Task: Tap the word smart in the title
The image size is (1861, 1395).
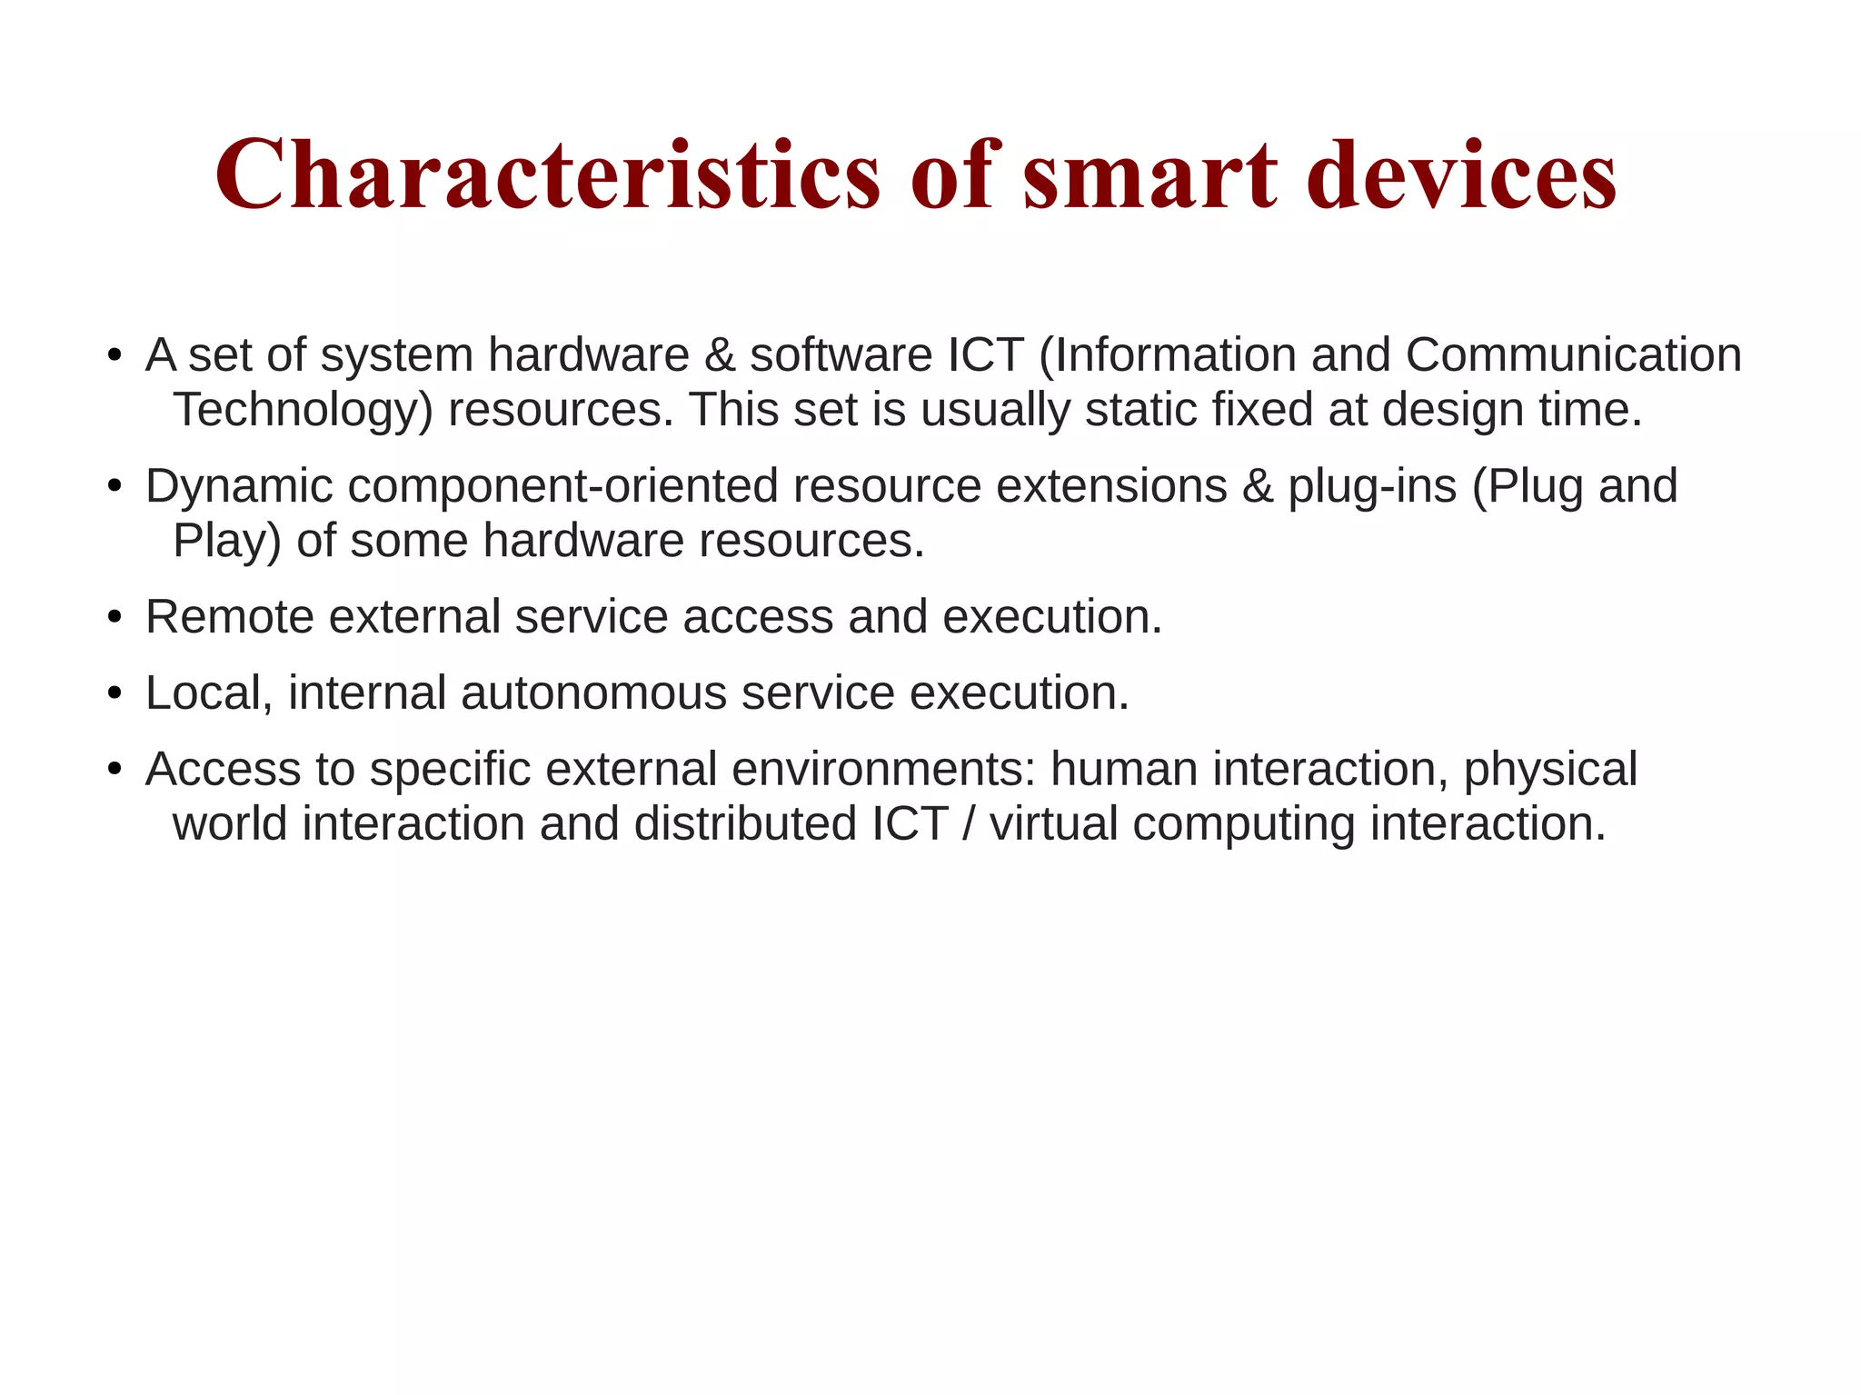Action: coord(1150,174)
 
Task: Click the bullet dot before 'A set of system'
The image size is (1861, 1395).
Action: coord(114,356)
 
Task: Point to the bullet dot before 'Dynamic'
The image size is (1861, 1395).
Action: coord(114,487)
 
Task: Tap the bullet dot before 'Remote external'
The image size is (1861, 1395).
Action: coord(114,618)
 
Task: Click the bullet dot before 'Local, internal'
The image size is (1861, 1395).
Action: coord(114,694)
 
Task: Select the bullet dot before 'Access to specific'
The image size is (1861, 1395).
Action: coord(114,771)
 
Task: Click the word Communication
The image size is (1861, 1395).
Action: coord(1573,354)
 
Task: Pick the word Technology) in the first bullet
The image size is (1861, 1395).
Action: coord(303,410)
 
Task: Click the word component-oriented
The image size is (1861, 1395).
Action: coord(563,486)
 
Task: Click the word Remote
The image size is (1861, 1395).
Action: coord(230,617)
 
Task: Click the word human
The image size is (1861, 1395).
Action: coord(1124,770)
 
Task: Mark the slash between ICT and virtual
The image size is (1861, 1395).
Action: coord(969,824)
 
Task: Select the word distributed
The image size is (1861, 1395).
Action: coord(745,824)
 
